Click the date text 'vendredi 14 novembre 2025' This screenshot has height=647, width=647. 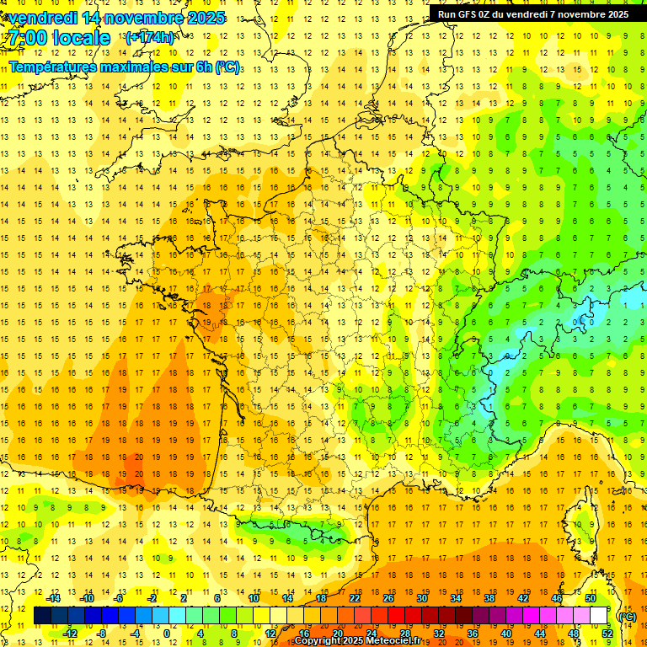pyautogui.click(x=116, y=18)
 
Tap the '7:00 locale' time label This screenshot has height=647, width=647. pyautogui.click(x=59, y=38)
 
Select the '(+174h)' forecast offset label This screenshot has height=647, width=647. pyautogui.click(x=149, y=38)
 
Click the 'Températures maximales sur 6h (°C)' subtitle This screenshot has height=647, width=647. pyautogui.click(x=123, y=66)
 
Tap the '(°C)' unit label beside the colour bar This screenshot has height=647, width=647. pyautogui.click(x=626, y=617)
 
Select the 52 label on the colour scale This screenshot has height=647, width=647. pyautogui.click(x=607, y=634)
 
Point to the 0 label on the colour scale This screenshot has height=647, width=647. pyautogui.click(x=167, y=634)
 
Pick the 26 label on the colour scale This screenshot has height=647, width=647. pyautogui.click(x=388, y=598)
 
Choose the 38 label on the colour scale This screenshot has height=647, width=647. pyautogui.click(x=489, y=598)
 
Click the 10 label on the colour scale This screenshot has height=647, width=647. pyautogui.click(x=254, y=598)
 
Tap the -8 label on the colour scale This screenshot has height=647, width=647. pyautogui.click(x=102, y=634)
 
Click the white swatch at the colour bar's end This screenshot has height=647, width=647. pyautogui.click(x=599, y=616)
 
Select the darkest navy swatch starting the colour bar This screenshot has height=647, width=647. pyautogui.click(x=42, y=616)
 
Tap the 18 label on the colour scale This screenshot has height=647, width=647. pyautogui.click(x=321, y=598)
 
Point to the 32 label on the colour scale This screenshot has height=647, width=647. pyautogui.click(x=439, y=634)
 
